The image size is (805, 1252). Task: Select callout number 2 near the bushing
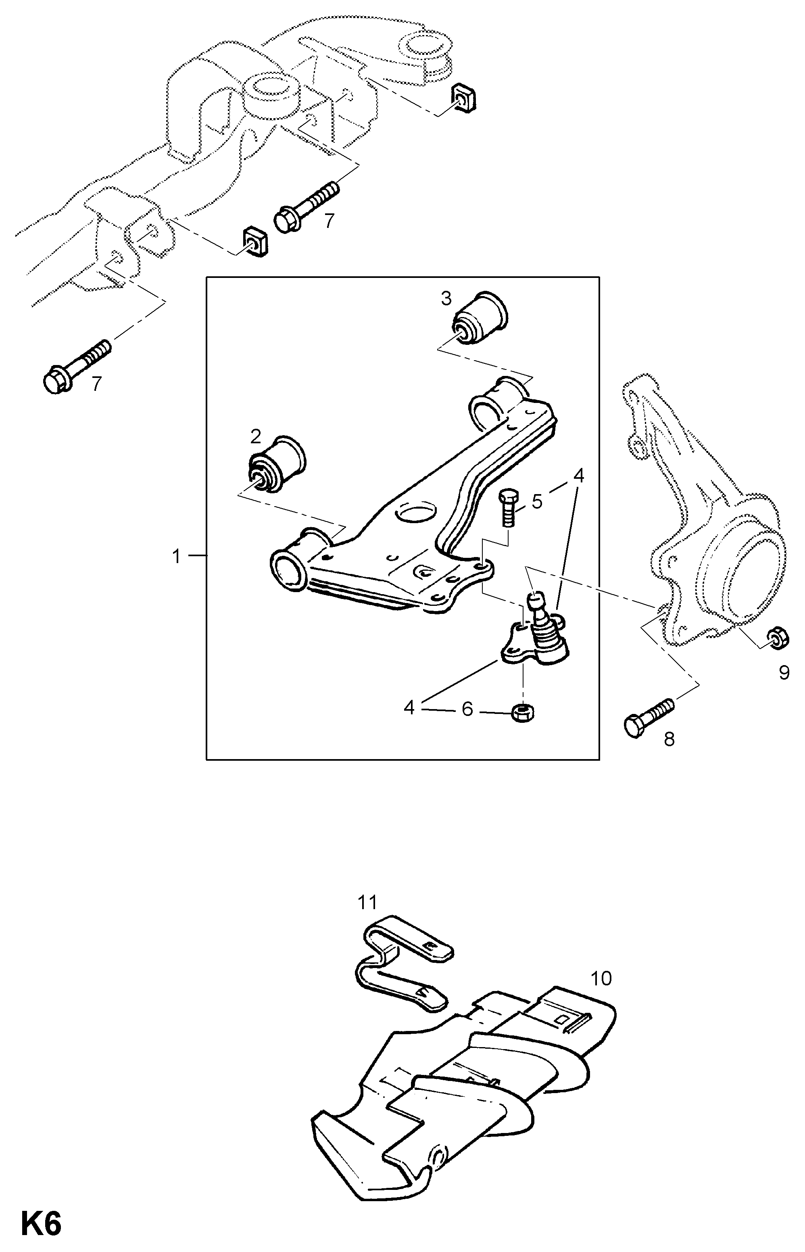(x=256, y=436)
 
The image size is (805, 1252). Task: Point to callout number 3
(x=446, y=298)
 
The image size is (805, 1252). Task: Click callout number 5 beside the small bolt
(x=537, y=501)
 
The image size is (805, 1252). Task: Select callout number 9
(x=784, y=672)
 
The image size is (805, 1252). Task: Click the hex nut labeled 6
(x=522, y=712)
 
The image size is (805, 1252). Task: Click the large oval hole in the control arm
(x=416, y=512)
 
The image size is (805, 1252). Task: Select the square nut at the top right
(x=464, y=97)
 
